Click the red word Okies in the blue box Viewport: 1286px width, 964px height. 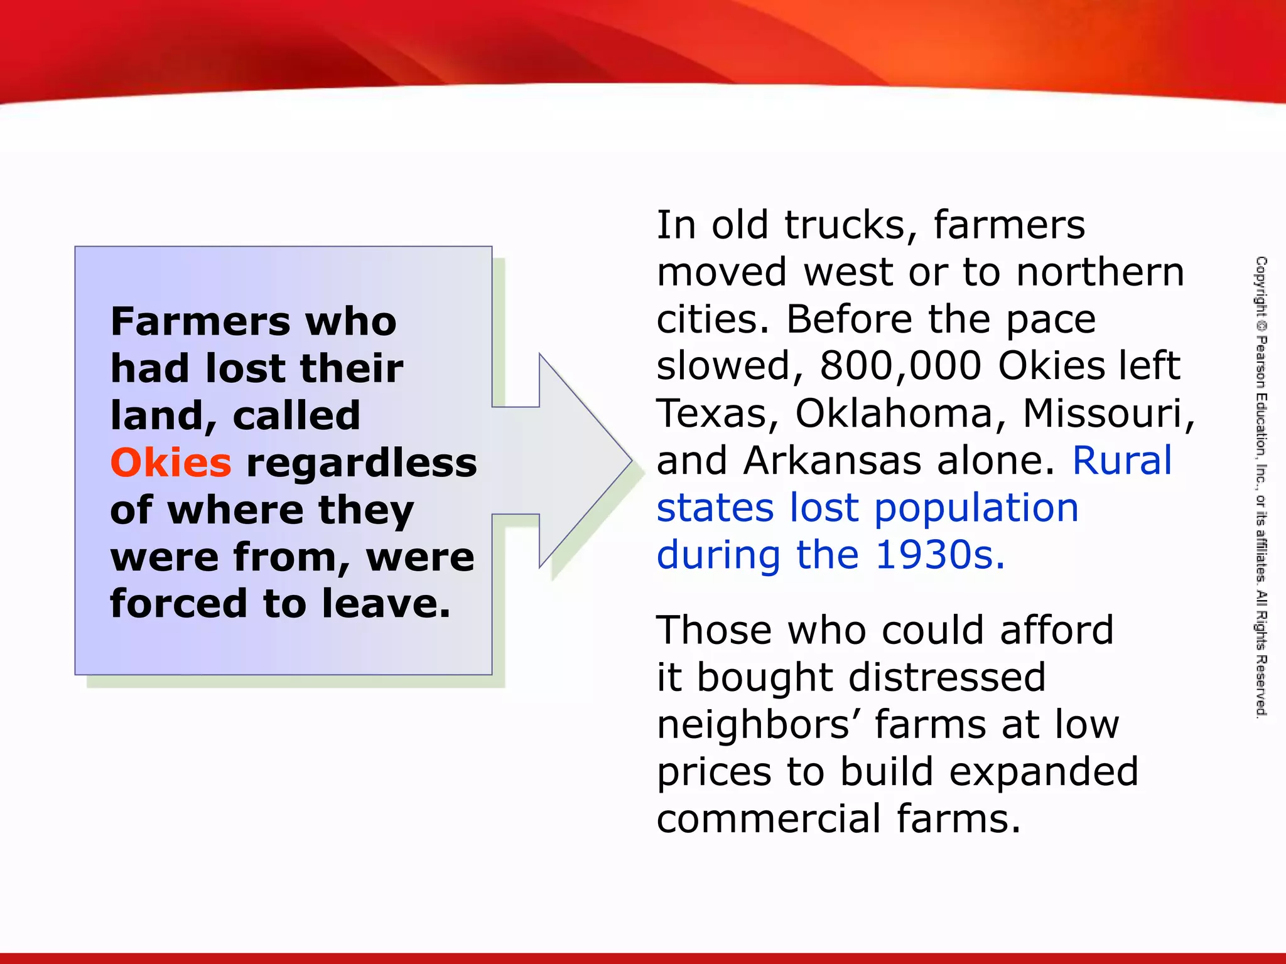click(171, 463)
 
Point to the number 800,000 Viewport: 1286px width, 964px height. click(900, 366)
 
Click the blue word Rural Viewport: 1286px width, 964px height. click(1122, 460)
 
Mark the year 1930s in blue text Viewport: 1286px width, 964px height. click(939, 555)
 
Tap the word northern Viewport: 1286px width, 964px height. click(1100, 272)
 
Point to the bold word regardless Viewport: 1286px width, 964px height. click(362, 463)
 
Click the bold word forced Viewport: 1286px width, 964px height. click(178, 603)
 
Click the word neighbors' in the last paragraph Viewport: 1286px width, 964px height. click(759, 725)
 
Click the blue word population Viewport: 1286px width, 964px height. click(977, 508)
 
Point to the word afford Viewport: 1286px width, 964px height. click(1057, 630)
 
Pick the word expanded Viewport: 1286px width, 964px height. click(1044, 772)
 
